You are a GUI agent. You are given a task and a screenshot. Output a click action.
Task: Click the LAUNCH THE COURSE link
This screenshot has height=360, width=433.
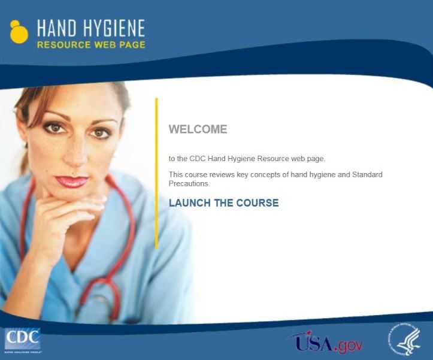[x=223, y=203]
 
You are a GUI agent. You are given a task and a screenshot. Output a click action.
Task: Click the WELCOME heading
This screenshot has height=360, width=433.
[x=198, y=129]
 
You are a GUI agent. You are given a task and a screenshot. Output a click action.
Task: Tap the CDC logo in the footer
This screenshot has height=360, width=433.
[x=22, y=340]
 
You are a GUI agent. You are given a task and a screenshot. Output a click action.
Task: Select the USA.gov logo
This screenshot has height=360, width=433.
[x=327, y=343]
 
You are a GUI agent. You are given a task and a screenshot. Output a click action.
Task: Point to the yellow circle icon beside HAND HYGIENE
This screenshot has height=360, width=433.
[x=19, y=32]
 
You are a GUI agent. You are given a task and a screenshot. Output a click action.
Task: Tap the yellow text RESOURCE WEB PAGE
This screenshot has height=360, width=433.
[x=90, y=45]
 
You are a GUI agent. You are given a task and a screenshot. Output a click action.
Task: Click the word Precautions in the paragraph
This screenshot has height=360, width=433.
[x=189, y=183]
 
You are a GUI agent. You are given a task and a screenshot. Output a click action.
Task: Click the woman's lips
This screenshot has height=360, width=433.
[x=72, y=181]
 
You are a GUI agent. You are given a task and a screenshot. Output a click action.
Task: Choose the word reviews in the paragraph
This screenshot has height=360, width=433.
[x=219, y=175]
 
